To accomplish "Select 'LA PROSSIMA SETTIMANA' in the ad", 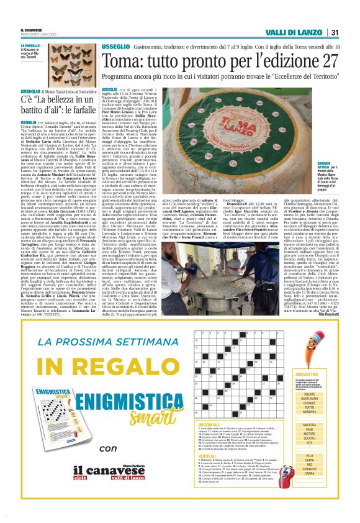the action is point(97,342).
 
